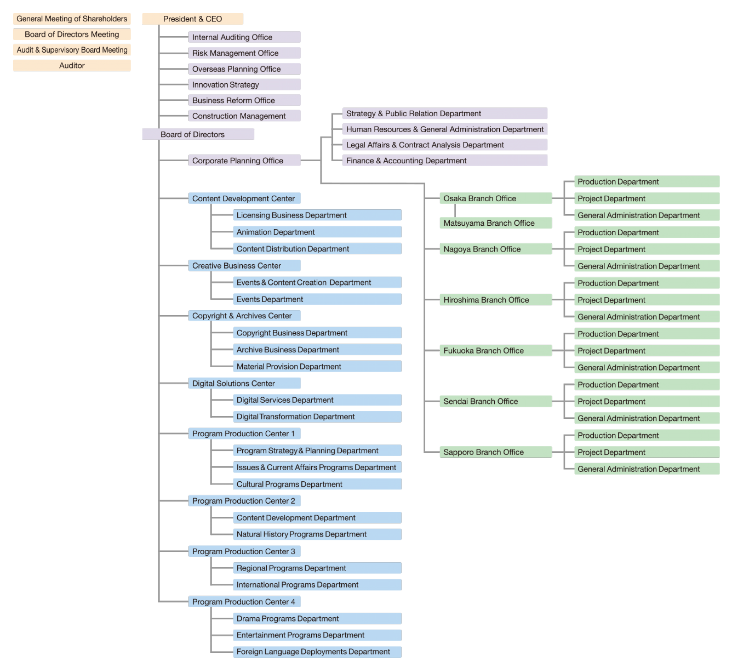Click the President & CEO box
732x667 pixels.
pyautogui.click(x=192, y=19)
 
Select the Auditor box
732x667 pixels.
pyautogui.click(x=72, y=65)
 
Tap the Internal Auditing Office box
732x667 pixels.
pyautogui.click(x=244, y=37)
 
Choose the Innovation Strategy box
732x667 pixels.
pyautogui.click(x=244, y=85)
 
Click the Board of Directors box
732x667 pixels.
pyautogui.click(x=198, y=134)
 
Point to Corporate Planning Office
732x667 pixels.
pyautogui.click(x=244, y=161)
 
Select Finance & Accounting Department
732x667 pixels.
pyautogui.click(x=445, y=161)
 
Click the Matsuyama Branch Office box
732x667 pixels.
pyautogui.click(x=496, y=223)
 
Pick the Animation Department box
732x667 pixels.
pyautogui.click(x=317, y=232)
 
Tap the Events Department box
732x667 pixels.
pyautogui.click(x=317, y=299)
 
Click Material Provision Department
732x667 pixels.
pyautogui.click(x=317, y=366)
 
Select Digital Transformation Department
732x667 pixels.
pyautogui.click(x=317, y=417)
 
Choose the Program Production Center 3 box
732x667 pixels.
pyautogui.click(x=244, y=551)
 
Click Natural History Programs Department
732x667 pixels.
pyautogui.click(x=317, y=534)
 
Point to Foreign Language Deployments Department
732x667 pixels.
pyautogui.click(x=317, y=651)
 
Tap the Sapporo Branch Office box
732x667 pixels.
pyautogui.click(x=496, y=452)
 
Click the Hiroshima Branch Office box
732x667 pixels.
pyautogui.click(x=496, y=300)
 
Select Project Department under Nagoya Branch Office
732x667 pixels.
pyautogui.click(x=647, y=249)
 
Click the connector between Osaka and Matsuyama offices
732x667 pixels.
pyautogui.click(x=455, y=211)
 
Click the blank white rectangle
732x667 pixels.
pyautogui.click(x=647, y=616)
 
